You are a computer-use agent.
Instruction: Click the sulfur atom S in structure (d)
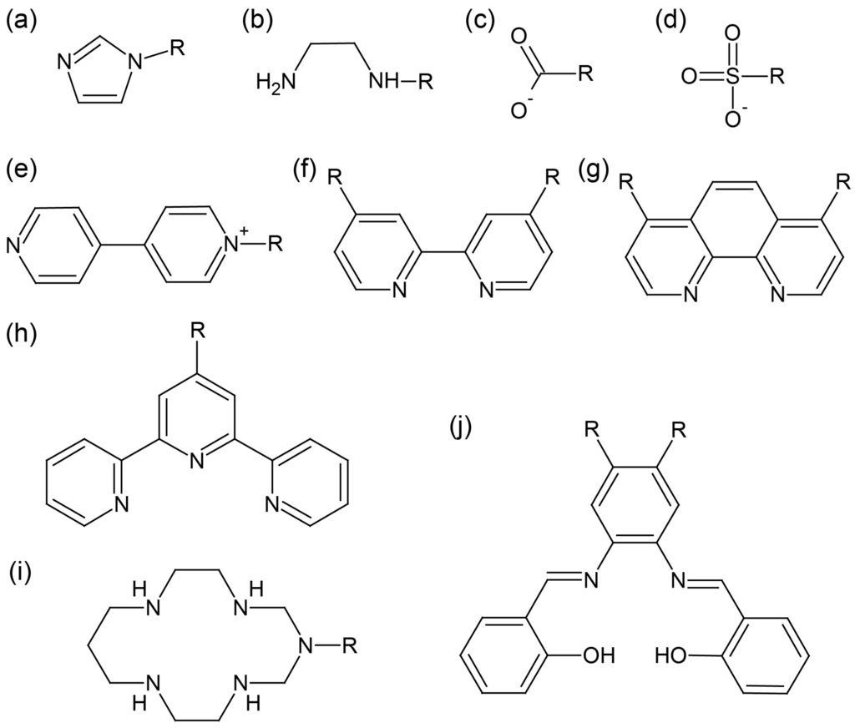(x=732, y=78)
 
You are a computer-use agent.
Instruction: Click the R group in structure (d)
(x=777, y=78)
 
